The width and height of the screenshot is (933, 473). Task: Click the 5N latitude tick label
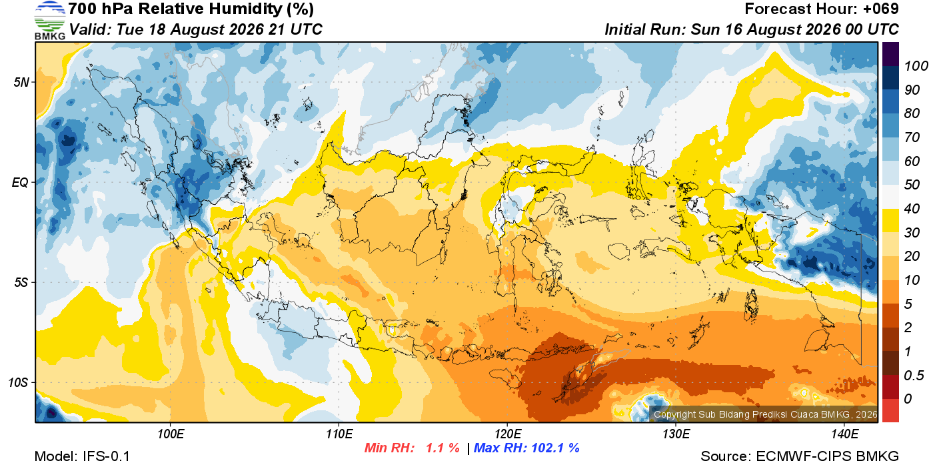(21, 83)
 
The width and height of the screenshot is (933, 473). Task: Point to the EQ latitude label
(21, 183)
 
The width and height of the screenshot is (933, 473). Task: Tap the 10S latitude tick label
(19, 383)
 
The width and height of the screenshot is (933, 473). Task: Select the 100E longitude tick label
(171, 434)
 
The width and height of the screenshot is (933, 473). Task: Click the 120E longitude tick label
(508, 434)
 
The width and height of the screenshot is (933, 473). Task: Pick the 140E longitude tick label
(845, 434)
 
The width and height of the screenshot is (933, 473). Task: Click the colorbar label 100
(916, 66)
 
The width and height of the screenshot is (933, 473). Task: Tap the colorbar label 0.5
(914, 376)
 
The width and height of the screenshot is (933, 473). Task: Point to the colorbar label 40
(912, 209)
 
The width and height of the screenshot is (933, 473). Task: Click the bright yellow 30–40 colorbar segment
(890, 221)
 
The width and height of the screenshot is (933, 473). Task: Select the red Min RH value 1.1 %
(443, 448)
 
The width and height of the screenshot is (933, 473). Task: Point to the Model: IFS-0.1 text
(82, 456)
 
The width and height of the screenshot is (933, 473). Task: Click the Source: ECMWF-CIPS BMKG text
(800, 456)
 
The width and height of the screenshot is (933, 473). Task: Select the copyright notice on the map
(766, 414)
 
